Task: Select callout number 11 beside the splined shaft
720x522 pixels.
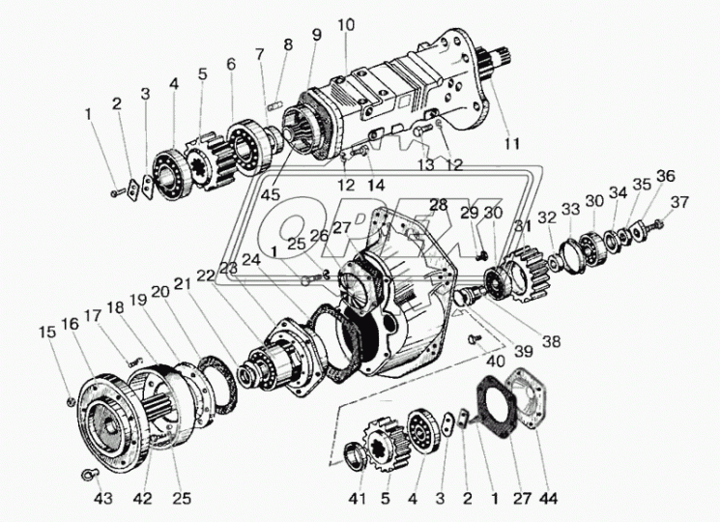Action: click(x=511, y=143)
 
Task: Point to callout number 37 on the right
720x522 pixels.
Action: click(x=681, y=202)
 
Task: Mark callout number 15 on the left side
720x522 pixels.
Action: click(x=47, y=333)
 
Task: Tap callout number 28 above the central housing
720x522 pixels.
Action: click(x=438, y=205)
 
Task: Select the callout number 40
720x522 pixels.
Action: click(x=497, y=362)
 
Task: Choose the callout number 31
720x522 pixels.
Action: click(x=523, y=226)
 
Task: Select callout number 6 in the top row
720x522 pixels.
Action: click(x=230, y=64)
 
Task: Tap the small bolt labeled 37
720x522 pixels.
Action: click(x=657, y=225)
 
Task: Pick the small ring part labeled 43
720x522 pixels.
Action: click(x=88, y=473)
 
